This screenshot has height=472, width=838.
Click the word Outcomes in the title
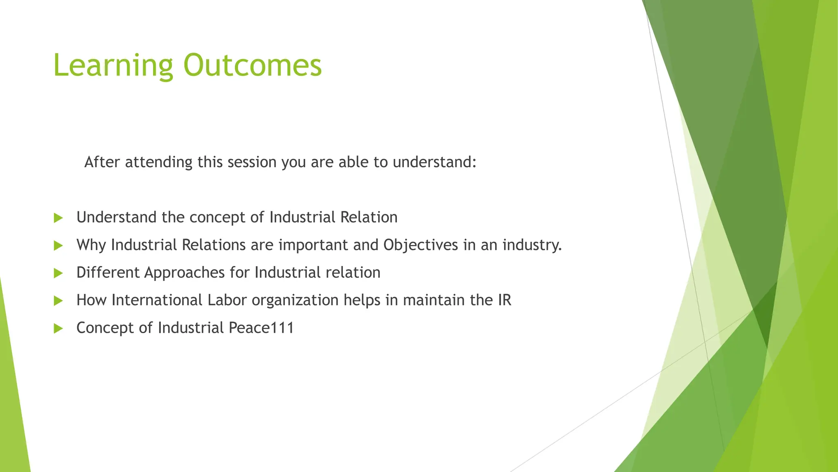pos(252,66)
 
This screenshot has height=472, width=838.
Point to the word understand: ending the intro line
pos(435,162)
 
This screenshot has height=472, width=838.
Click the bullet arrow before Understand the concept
pos(58,218)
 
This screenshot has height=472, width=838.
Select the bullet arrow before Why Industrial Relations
pos(58,245)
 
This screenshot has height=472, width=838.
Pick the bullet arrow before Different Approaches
pos(58,273)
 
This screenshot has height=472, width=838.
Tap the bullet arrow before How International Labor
pos(58,301)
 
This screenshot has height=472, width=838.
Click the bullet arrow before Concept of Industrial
pos(58,328)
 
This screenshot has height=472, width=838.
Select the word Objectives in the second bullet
pos(421,245)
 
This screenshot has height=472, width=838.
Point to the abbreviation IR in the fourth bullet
pos(505,300)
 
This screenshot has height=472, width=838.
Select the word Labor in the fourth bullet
pos(227,300)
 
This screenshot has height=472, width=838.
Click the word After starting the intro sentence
pos(102,162)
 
